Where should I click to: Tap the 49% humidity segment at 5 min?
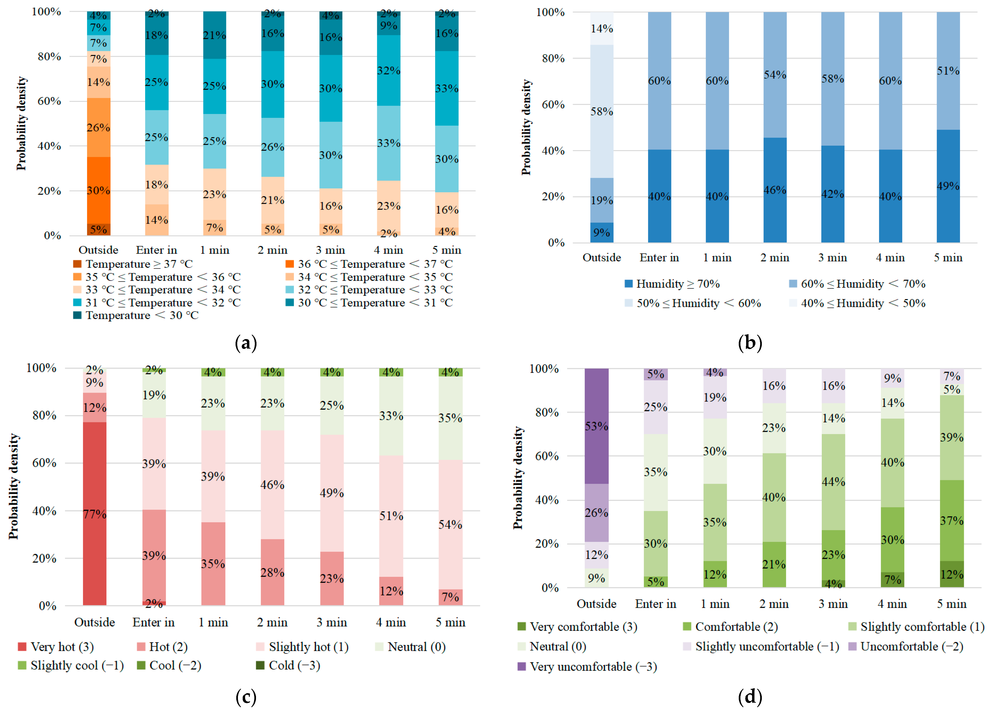(x=948, y=186)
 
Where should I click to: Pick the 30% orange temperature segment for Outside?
(x=99, y=190)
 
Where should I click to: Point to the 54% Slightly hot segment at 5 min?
(x=450, y=524)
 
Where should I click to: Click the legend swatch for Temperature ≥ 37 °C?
(x=77, y=264)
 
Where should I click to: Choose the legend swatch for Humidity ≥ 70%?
(x=629, y=284)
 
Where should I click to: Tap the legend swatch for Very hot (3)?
(x=22, y=647)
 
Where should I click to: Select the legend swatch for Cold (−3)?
(x=260, y=665)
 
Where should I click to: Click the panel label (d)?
(x=750, y=696)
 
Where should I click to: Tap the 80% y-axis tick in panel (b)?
(x=553, y=58)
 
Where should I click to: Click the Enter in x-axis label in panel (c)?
(x=154, y=622)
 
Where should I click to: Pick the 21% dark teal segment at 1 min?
(x=215, y=35)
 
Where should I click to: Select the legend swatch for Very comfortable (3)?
(x=522, y=627)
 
